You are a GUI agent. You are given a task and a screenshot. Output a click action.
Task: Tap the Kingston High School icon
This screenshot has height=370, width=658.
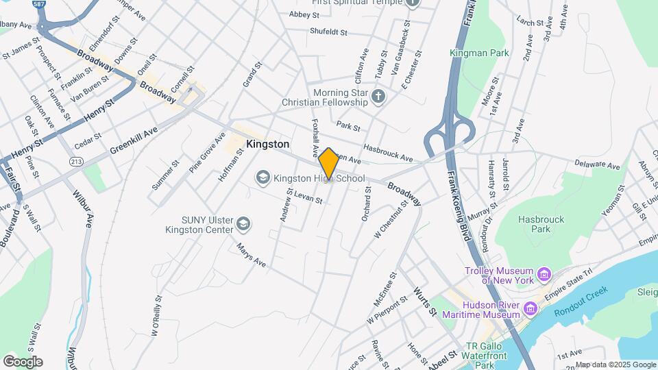[x=263, y=178]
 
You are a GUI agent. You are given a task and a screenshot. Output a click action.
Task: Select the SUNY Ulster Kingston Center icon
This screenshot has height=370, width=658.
[x=243, y=224]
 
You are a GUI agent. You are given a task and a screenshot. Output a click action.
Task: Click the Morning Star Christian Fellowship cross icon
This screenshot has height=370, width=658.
[x=379, y=97]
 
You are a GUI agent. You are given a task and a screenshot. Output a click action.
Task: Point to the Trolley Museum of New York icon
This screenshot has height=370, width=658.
[x=544, y=275]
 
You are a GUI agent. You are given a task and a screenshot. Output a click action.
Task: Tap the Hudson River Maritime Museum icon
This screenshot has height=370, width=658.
[x=531, y=309]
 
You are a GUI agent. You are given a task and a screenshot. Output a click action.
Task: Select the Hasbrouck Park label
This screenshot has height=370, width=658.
[x=535, y=224]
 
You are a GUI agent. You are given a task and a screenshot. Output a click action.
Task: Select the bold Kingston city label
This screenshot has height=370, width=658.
[x=267, y=145]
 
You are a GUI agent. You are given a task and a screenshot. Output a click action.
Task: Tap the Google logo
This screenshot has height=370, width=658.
[x=23, y=361]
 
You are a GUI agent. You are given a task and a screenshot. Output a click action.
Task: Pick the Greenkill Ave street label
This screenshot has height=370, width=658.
[x=134, y=139]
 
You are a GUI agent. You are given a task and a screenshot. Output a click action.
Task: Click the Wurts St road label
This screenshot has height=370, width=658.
[x=425, y=301]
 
